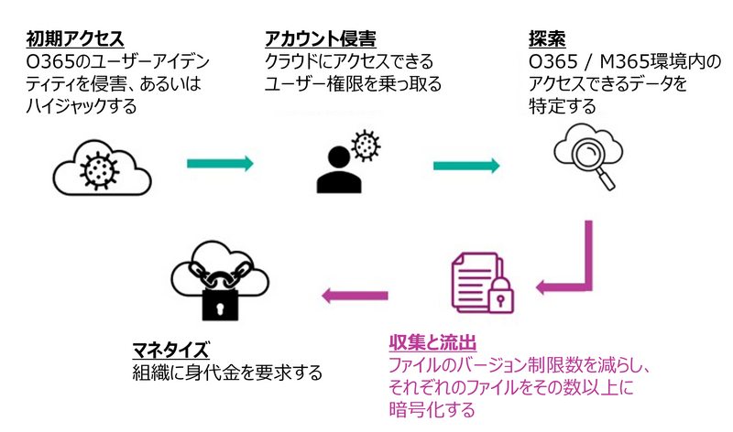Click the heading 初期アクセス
[x=75, y=38]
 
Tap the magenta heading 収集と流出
[x=432, y=344]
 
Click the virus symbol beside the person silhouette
[x=366, y=145]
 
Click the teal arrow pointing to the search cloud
[x=466, y=165]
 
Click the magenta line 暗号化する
[x=432, y=409]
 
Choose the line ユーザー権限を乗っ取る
[x=353, y=84]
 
